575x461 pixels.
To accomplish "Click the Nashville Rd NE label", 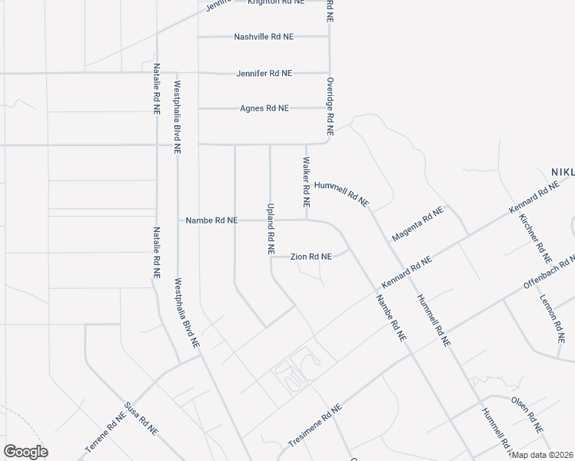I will [264, 37].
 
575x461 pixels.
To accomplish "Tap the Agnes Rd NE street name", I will [264, 108].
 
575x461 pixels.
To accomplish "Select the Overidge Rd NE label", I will [329, 102].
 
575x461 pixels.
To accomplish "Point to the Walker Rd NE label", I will [306, 183].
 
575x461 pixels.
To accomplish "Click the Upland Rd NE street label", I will [271, 229].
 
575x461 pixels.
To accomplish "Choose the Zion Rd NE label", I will [311, 257].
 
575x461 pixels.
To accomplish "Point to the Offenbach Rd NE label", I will [549, 273].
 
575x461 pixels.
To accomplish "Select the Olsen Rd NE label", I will [527, 414].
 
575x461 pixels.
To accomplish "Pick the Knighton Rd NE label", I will [275, 2].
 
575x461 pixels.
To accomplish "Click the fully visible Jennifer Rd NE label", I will [264, 73].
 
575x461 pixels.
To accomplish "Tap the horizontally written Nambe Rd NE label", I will [211, 221].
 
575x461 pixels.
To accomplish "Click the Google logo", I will [25, 452].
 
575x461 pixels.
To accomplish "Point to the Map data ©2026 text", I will [543, 455].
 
